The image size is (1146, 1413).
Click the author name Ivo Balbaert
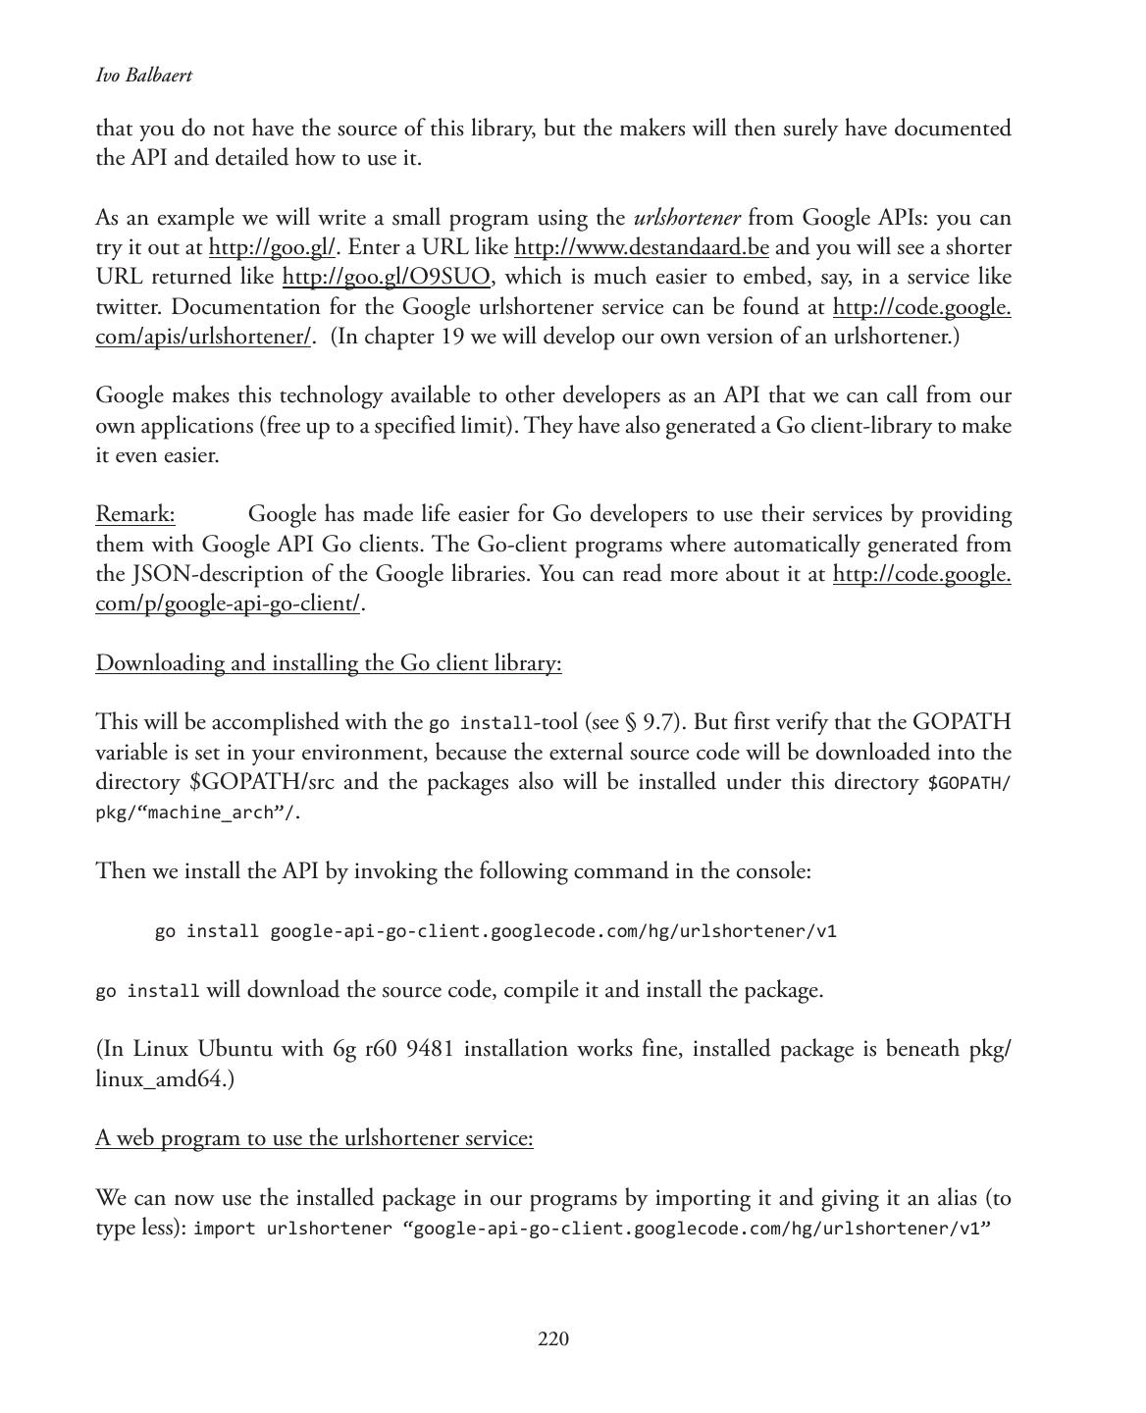click(143, 76)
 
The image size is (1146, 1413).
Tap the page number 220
click(553, 1339)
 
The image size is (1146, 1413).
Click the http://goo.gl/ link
click(272, 247)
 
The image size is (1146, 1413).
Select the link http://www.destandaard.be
click(641, 247)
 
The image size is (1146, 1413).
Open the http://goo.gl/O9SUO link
click(386, 277)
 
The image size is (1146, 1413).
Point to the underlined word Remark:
click(135, 514)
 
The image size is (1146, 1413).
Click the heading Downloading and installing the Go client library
click(328, 663)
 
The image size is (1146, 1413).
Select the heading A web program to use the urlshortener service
click(314, 1138)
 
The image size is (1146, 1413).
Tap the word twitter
click(129, 307)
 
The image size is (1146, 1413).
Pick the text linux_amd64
click(164, 1079)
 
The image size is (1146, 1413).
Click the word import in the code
click(225, 1229)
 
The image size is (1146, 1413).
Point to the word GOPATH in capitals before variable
click(962, 722)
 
